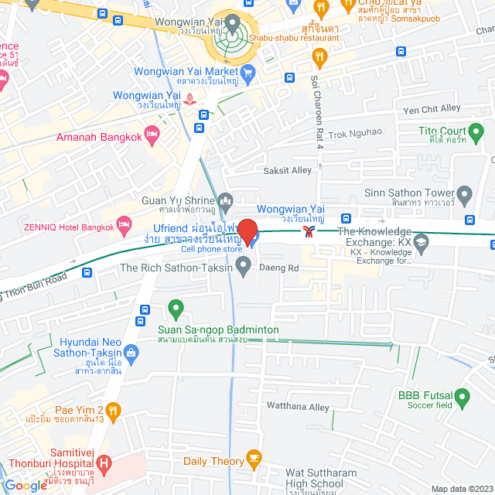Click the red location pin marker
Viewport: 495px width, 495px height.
pos(247,231)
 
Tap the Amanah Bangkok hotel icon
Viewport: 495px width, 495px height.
pos(153,138)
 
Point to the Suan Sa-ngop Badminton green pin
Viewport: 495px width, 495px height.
pos(176,309)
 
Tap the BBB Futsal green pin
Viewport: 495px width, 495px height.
pos(463,399)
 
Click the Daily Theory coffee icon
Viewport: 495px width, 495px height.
pos(253,461)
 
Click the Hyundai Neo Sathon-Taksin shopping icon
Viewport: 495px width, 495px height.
pos(131,354)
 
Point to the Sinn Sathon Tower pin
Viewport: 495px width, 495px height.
pos(464,193)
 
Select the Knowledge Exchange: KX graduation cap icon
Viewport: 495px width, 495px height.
pos(421,245)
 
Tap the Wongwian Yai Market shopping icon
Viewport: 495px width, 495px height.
pos(247,73)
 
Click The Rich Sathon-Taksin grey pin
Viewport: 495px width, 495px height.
pos(244,268)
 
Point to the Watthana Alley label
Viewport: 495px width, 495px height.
pos(297,406)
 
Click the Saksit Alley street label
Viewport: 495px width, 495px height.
pos(288,170)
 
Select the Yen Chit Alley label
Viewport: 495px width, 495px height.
pos(431,108)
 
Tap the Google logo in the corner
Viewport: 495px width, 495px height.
pos(25,485)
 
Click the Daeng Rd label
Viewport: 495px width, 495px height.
pos(283,268)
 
